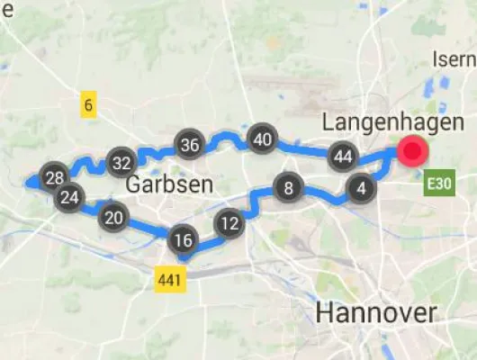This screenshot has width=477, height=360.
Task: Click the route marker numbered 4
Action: tap(361, 189)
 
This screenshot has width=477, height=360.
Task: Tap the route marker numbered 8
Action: tap(288, 189)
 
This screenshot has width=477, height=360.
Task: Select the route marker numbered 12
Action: tap(230, 223)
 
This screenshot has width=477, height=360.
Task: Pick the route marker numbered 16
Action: tap(183, 240)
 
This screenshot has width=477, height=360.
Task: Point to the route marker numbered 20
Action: tap(114, 218)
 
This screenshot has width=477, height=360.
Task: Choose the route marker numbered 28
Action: tap(54, 177)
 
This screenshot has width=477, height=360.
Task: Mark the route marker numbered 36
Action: tap(189, 145)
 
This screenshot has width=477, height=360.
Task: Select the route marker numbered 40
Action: tap(262, 139)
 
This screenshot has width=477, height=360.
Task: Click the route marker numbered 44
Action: tap(341, 156)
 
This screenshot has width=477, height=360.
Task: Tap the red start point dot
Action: tap(413, 151)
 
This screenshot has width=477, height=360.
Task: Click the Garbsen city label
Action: tap(169, 185)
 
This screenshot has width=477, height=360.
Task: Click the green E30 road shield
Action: tap(437, 184)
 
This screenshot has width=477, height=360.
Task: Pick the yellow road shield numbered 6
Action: tap(88, 105)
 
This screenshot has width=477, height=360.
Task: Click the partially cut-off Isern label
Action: tap(455, 59)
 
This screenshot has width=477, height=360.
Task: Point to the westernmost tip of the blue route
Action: tap(29, 183)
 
